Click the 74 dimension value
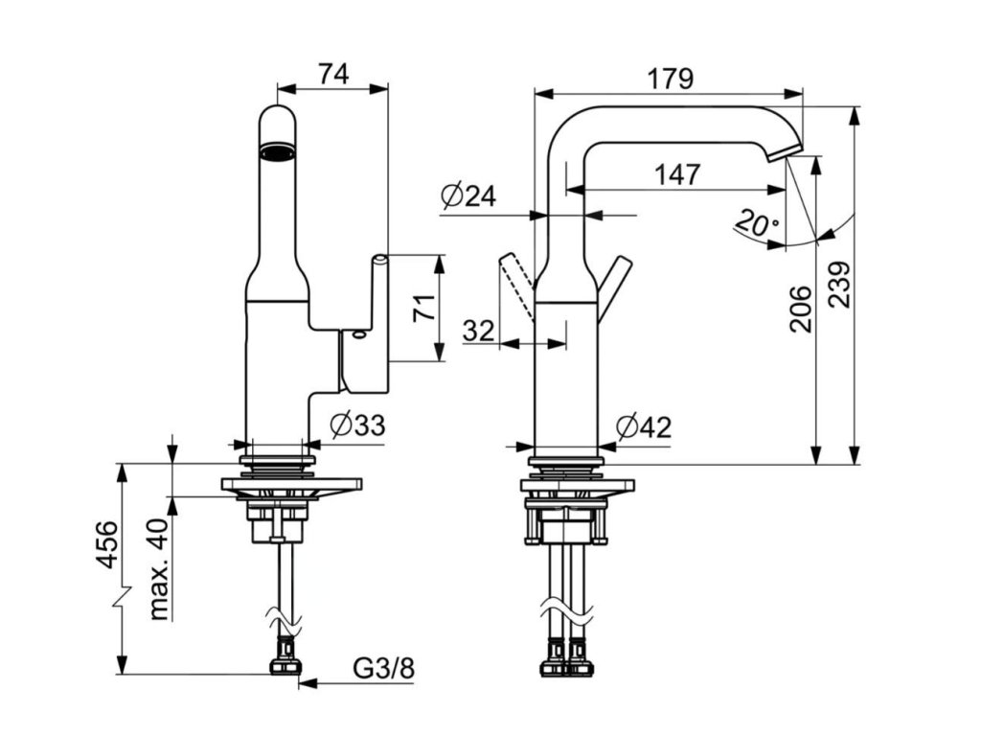333,74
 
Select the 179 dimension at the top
669,78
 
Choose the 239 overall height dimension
838,285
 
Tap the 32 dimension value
479,331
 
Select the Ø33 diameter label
355,425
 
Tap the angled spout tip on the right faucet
787,149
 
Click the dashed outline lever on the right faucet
514,285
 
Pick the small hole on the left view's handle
357,335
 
